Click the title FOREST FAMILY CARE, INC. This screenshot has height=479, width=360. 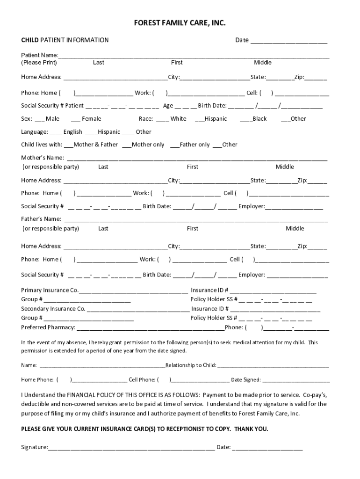177,23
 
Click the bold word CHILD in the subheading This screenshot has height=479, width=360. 30,40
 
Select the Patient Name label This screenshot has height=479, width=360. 39,55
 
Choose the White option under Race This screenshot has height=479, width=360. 162,119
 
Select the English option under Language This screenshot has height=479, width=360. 55,132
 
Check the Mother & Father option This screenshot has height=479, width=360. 69,145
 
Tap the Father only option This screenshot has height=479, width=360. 175,145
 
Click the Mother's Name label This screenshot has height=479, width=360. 43,158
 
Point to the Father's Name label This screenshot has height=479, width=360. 41,219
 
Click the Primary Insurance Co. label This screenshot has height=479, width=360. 50,290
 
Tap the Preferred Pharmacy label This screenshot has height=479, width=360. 48,327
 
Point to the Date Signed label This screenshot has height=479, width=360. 246,380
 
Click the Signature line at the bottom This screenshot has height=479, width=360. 131,447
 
